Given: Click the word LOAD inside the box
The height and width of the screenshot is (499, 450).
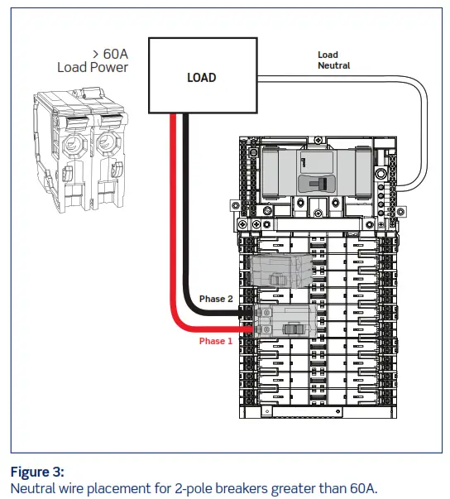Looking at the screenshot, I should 201,78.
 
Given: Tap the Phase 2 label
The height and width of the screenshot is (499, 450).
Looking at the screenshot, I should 217,298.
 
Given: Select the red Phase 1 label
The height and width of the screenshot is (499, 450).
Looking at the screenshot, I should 217,340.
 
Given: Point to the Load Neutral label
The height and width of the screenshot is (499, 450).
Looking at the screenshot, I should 333,60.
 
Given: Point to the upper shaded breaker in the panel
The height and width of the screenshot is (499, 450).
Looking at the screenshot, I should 277,271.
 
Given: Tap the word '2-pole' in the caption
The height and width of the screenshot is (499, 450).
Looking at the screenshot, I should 197,487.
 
